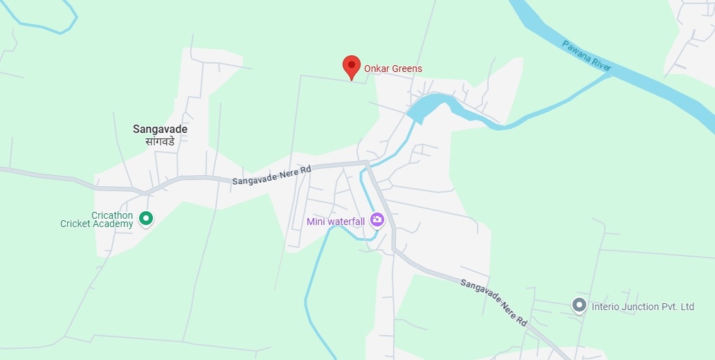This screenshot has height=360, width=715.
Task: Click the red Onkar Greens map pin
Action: (x=352, y=67)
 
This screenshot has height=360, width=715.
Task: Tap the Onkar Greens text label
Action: (x=392, y=69)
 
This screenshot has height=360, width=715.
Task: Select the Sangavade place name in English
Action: (x=160, y=129)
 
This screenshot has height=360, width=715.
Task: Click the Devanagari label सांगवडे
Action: (x=160, y=141)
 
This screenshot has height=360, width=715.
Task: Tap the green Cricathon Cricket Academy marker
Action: (x=146, y=219)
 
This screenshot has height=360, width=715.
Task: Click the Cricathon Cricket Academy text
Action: (x=97, y=219)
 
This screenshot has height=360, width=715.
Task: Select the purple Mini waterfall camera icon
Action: (x=377, y=220)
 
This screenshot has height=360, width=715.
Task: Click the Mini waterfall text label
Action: (x=336, y=222)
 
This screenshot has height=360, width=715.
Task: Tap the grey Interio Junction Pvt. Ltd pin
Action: (x=579, y=305)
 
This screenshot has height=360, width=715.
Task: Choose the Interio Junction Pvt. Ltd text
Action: (x=642, y=307)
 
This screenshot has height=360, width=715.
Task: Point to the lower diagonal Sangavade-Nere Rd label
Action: (x=494, y=302)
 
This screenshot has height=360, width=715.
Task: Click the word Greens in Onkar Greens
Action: (x=407, y=69)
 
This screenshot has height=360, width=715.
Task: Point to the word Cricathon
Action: (x=112, y=215)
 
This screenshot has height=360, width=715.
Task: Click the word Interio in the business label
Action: (x=606, y=307)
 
